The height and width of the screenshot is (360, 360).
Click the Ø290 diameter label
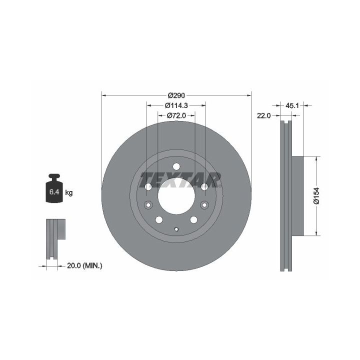coord(176,95)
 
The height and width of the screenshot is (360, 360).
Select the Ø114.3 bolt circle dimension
coord(176,105)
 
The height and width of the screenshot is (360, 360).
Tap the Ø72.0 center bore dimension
coord(176,115)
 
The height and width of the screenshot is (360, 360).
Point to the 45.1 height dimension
coord(292,105)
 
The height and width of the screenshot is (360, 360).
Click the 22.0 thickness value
coord(264,115)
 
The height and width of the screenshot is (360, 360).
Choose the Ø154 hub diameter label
coord(316,195)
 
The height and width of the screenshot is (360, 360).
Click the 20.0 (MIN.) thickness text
coord(84,266)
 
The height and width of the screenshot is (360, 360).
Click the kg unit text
coord(69,192)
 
